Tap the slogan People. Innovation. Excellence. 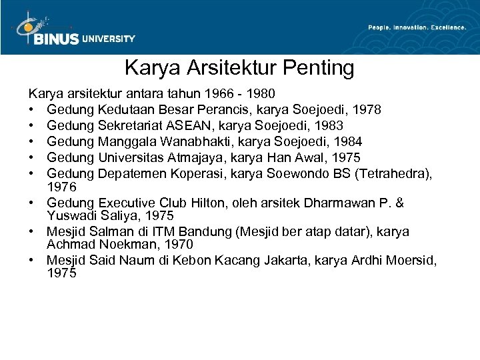(417, 27)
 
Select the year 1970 (179, 244)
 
